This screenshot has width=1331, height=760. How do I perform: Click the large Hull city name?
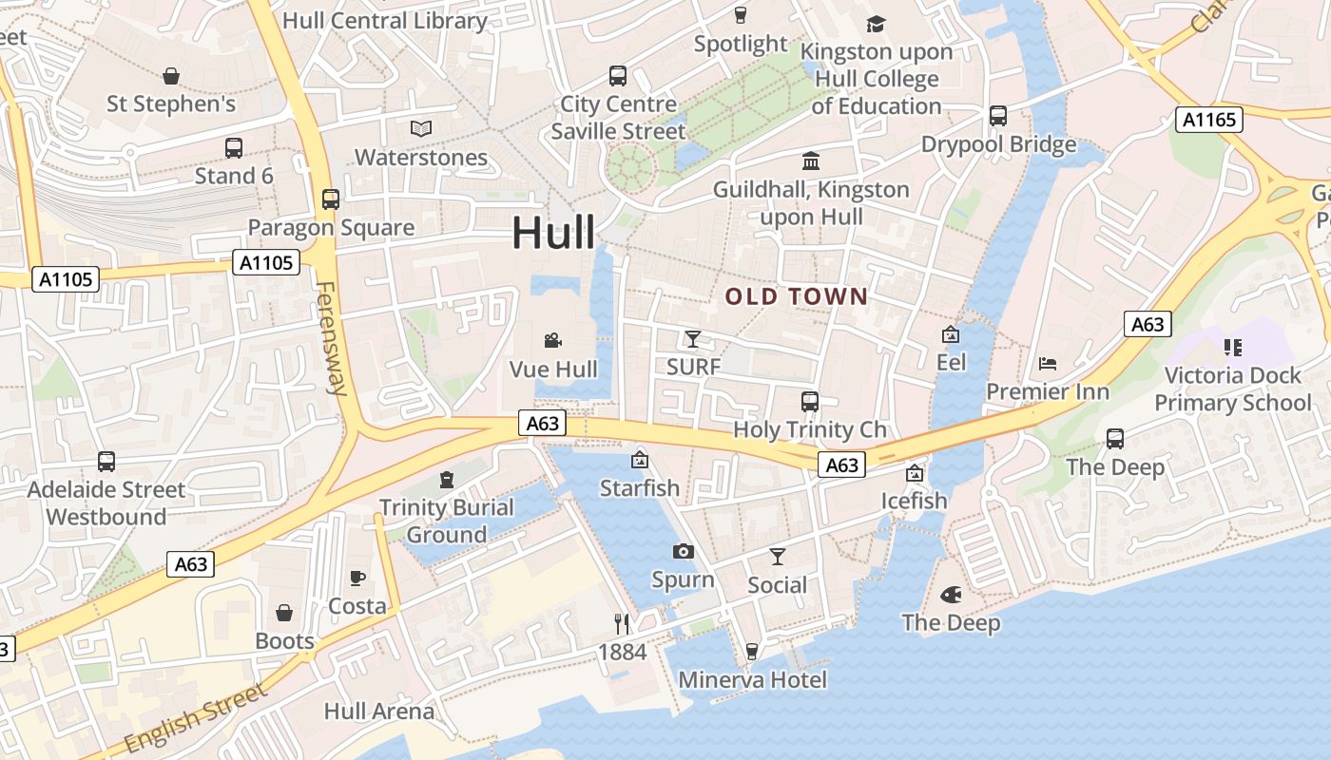(x=554, y=233)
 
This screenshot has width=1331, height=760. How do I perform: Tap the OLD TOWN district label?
(x=797, y=296)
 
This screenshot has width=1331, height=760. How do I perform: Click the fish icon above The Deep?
(x=950, y=595)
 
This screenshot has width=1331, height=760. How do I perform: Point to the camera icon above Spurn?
(x=683, y=551)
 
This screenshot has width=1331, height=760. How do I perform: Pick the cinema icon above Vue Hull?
(x=553, y=340)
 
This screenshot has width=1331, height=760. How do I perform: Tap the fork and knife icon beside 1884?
(x=622, y=623)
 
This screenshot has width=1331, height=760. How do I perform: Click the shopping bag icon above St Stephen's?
(x=171, y=75)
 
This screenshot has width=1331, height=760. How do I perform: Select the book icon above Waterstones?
(x=420, y=128)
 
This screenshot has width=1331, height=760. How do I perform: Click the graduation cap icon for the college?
(x=876, y=24)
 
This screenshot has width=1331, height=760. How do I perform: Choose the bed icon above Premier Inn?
(x=1047, y=363)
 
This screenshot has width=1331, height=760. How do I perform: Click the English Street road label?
(x=197, y=718)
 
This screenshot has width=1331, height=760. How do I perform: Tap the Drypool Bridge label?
(x=998, y=144)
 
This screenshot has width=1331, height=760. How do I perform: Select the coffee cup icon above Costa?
(x=357, y=577)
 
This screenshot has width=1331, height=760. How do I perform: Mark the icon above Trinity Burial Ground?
(x=447, y=479)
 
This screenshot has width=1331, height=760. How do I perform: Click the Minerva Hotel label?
(x=752, y=680)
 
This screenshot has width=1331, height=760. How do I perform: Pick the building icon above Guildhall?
(x=811, y=161)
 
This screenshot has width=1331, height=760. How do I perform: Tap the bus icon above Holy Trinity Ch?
(x=810, y=401)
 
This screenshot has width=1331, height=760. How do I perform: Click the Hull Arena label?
(x=378, y=711)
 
